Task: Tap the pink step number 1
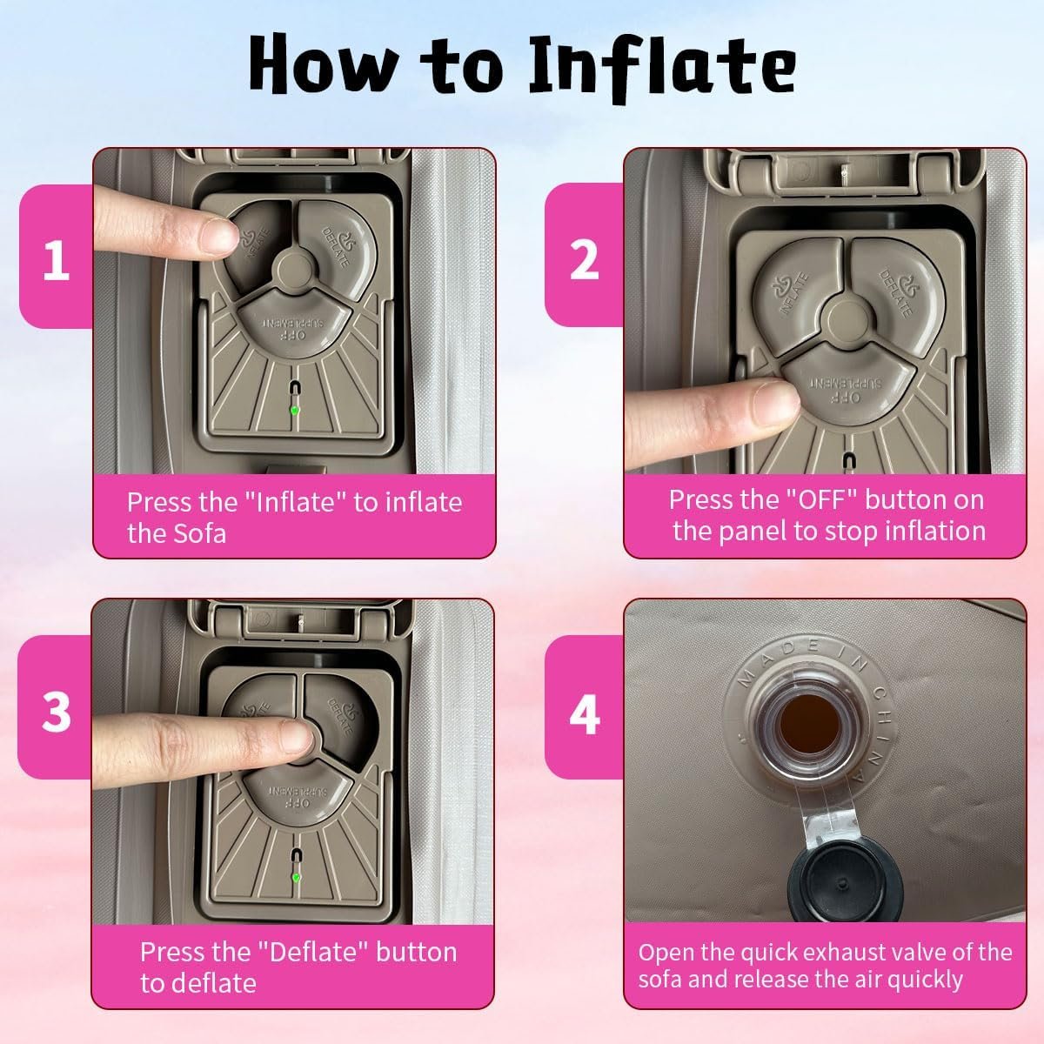click(x=57, y=261)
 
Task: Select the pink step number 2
click(x=584, y=260)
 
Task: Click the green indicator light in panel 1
click(x=294, y=410)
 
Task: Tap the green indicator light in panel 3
click(x=296, y=877)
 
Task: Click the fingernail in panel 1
click(x=220, y=237)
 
